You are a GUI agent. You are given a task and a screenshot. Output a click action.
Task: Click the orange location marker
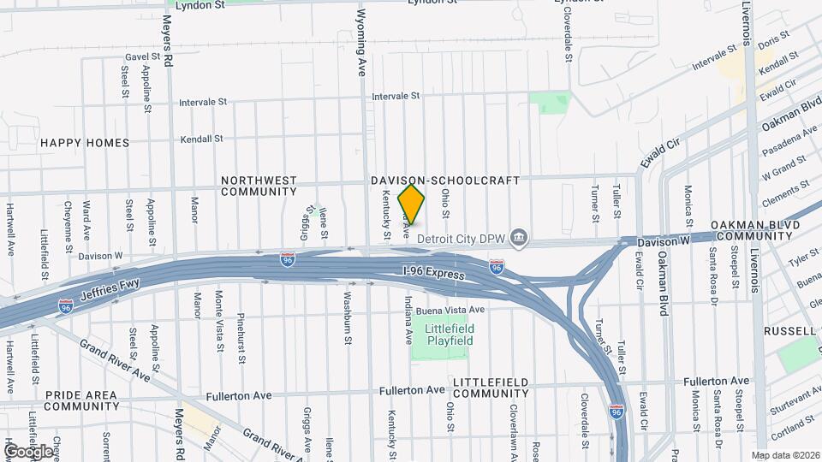(412, 204)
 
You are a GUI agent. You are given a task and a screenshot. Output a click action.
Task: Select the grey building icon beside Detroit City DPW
(518, 235)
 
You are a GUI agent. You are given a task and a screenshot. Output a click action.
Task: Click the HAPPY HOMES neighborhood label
(85, 143)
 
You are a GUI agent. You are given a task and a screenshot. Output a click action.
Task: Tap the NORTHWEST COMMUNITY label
(259, 186)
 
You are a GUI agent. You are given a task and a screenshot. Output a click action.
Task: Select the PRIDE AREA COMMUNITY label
(81, 400)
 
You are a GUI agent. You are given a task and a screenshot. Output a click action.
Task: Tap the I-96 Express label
(433, 273)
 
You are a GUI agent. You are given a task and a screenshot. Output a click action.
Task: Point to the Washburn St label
(348, 320)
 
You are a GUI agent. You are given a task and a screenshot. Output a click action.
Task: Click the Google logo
(28, 451)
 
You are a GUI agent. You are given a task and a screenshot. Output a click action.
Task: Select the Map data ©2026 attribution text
(785, 455)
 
